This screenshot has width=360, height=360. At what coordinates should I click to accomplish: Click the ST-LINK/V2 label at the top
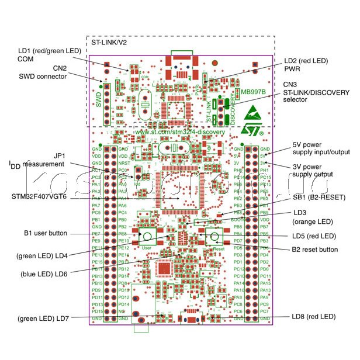(x=109, y=43)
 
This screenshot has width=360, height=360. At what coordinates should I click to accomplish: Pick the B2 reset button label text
(x=314, y=250)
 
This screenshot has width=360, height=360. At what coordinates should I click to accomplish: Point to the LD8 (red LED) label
(x=313, y=316)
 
